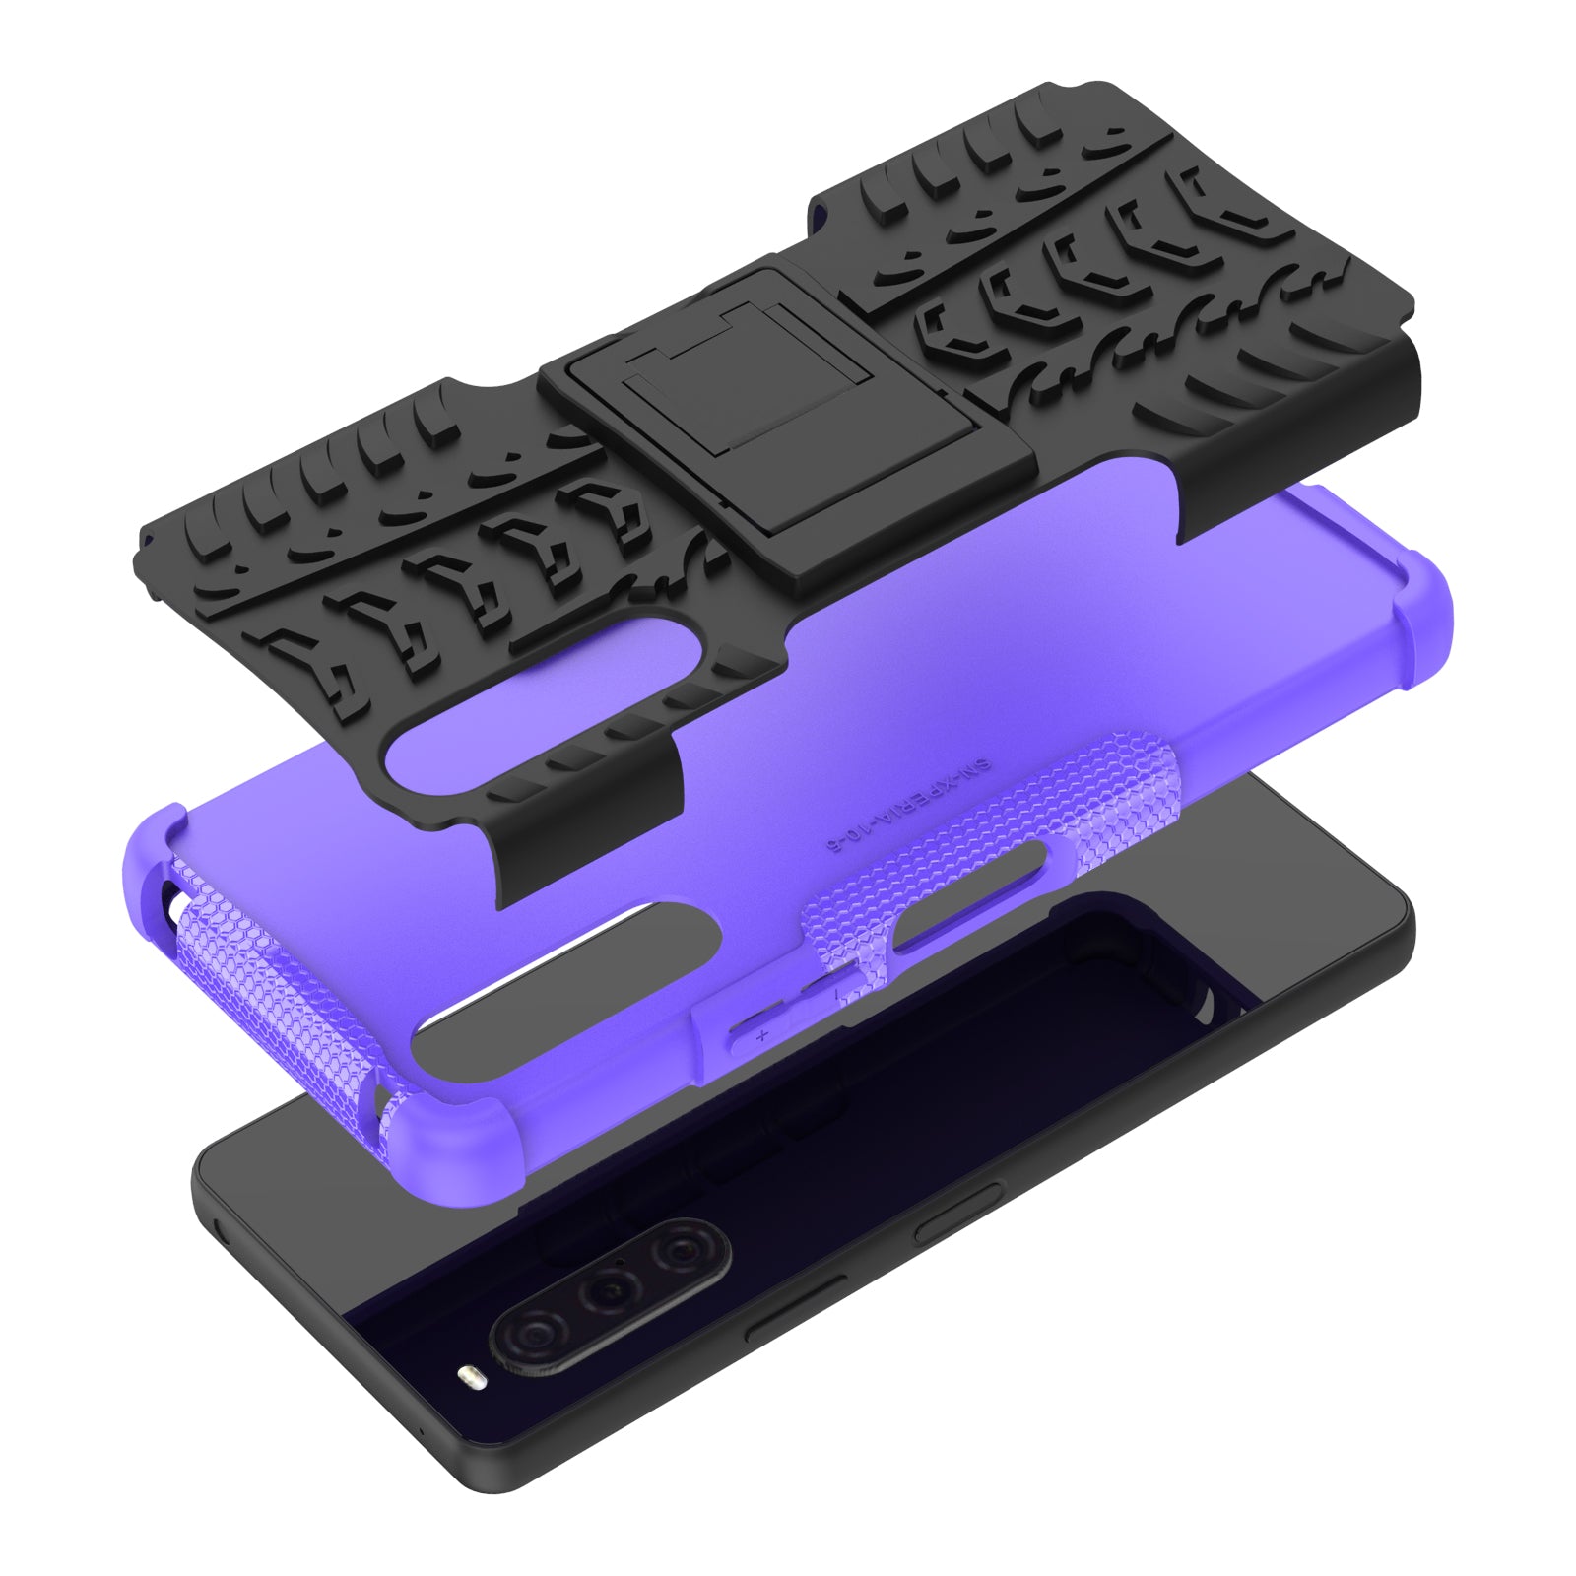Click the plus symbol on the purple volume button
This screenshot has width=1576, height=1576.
tap(761, 1035)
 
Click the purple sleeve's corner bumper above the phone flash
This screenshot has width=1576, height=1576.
tap(448, 1134)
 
